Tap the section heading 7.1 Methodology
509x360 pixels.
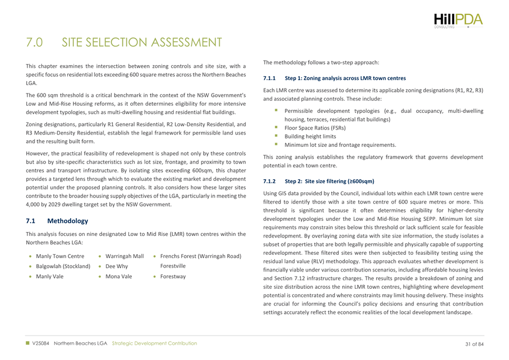point(53,205)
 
